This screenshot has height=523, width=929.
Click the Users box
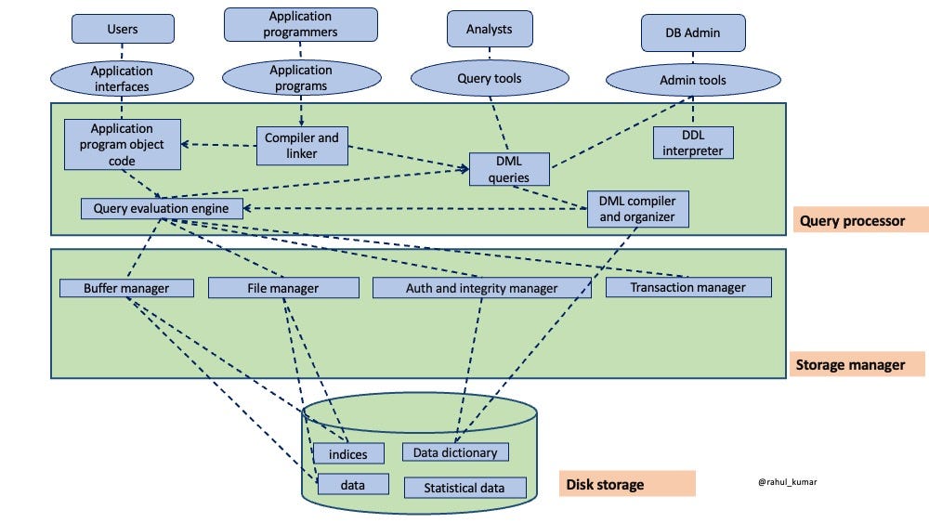coord(123,29)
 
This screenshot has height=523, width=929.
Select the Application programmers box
coord(301,24)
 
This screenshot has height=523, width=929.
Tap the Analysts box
coord(489,29)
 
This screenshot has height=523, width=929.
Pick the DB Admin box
coord(694,34)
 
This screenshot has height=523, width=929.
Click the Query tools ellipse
coord(489,78)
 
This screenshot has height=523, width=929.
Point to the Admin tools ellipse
coord(693,80)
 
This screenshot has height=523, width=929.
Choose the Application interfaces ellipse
coord(122,78)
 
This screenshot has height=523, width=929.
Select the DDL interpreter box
coord(693,142)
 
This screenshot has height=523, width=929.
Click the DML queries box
coord(509,169)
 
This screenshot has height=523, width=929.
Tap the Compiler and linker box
coord(303,145)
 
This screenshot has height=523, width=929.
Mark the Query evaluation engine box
coord(162,208)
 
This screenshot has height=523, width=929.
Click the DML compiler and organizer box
coord(637,209)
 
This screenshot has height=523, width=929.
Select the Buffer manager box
coord(126,288)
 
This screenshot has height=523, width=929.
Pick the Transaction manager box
coord(687,287)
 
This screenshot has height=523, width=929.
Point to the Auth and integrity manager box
coord(482,288)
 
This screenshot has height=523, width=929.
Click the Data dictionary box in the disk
coord(455,452)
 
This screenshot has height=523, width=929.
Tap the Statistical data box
coord(464,488)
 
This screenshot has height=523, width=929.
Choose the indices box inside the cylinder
coord(341,454)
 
